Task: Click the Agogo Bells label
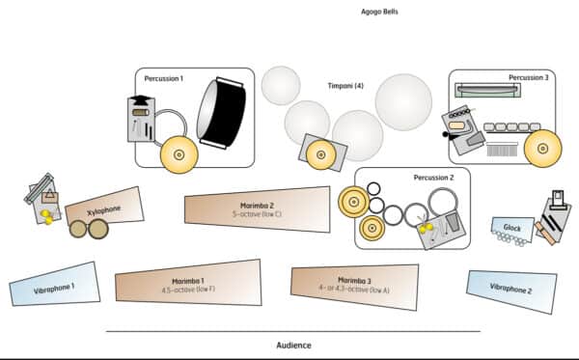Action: (x=379, y=12)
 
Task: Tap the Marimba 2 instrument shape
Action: (x=258, y=209)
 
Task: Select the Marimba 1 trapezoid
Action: (x=188, y=283)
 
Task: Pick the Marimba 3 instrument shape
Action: (x=354, y=286)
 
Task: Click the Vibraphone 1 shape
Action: (x=55, y=285)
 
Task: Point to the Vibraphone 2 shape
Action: (x=511, y=291)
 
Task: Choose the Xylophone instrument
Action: (x=104, y=208)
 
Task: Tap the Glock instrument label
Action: (x=512, y=228)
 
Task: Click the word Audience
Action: (x=294, y=346)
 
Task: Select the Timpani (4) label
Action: (x=345, y=86)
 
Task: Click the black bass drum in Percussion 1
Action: (x=222, y=113)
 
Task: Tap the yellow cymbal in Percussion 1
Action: (x=179, y=154)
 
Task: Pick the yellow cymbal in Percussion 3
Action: (x=542, y=149)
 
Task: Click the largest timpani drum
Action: (x=403, y=102)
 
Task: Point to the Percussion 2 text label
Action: (x=433, y=178)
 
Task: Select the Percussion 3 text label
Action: (x=529, y=77)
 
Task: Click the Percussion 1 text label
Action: (x=164, y=78)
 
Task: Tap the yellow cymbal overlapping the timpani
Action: (x=321, y=154)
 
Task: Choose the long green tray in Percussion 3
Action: (x=487, y=91)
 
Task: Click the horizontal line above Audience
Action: (x=293, y=332)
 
